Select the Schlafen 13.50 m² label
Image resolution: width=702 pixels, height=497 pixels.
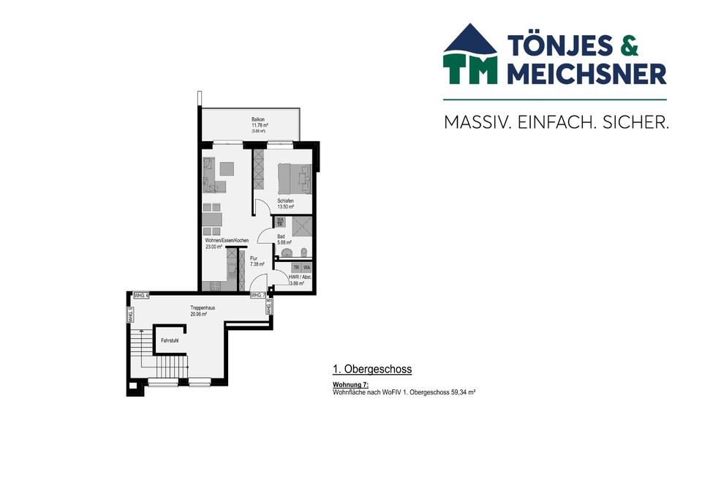285,203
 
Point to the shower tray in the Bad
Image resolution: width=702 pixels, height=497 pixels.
301,228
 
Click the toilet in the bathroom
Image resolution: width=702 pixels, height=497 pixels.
305,251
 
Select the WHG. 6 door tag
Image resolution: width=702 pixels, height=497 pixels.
141,295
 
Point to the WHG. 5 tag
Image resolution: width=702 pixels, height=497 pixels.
130,315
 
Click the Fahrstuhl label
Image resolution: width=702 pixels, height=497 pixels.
170,340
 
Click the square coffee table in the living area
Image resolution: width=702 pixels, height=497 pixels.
227,168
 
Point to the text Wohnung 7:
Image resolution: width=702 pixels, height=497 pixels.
350,385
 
